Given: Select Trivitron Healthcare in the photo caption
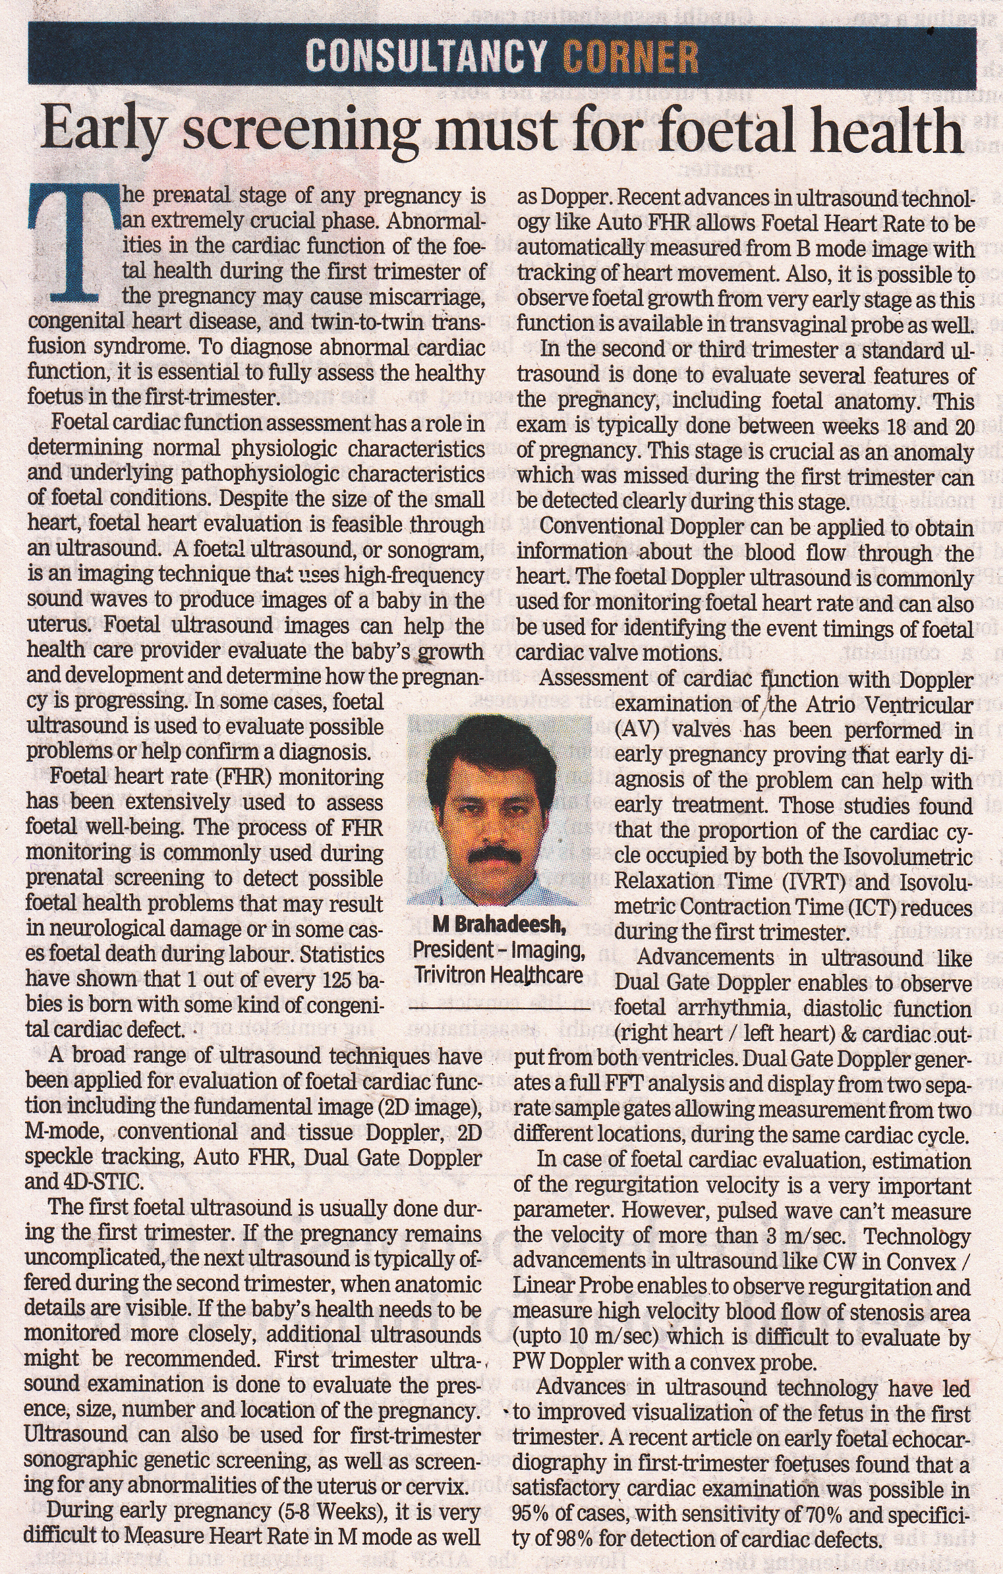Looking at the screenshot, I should (x=499, y=974).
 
